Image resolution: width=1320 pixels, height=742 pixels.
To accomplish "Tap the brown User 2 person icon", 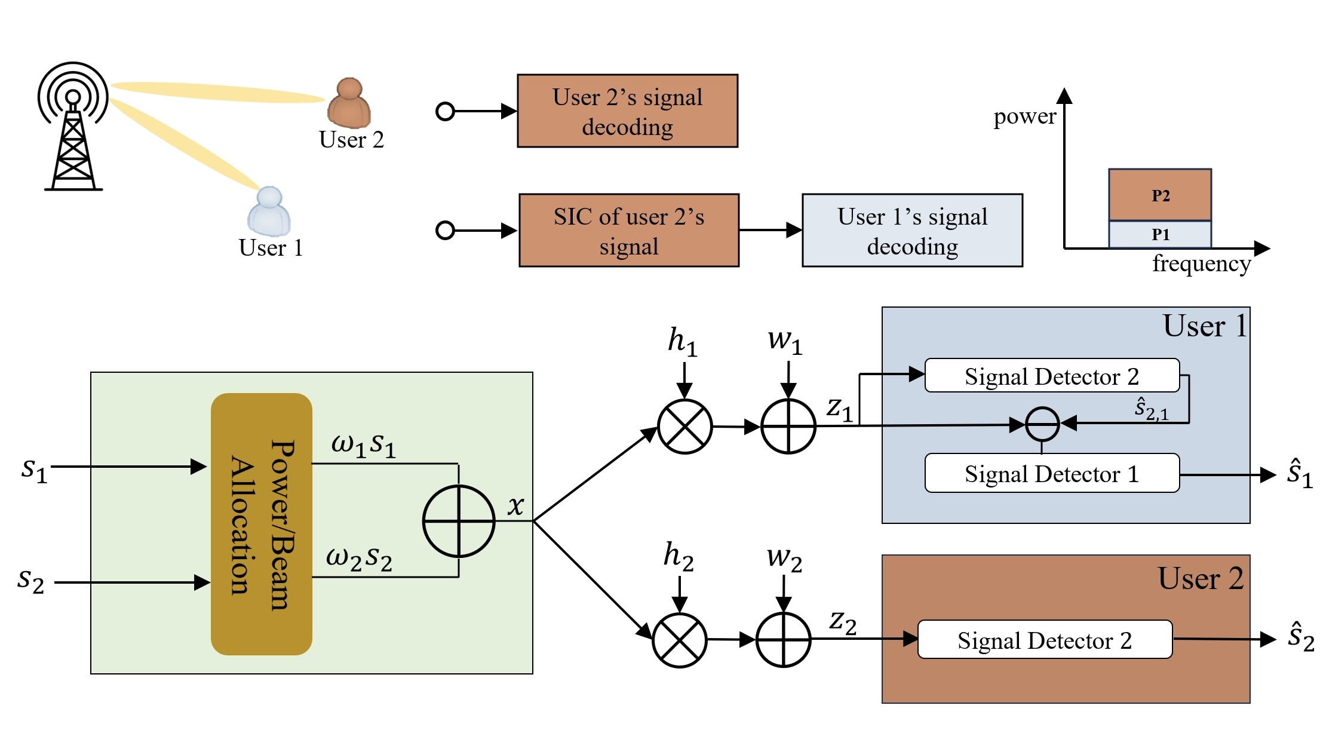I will [x=349, y=104].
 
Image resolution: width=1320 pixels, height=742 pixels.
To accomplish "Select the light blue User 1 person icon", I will [x=269, y=212].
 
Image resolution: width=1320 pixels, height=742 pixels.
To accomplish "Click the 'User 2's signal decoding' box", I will [x=627, y=111].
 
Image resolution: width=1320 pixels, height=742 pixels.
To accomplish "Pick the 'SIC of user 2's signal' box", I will [x=628, y=231].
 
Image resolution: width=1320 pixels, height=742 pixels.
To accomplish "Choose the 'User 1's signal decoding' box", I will [x=912, y=231].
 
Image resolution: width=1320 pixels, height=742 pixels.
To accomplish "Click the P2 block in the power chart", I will [x=1160, y=195].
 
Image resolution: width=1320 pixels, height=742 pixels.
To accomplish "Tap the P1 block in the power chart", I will [x=1160, y=234].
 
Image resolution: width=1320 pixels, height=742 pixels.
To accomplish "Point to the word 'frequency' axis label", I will [x=1201, y=263].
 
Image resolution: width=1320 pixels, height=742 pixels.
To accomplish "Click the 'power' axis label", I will [x=1024, y=116].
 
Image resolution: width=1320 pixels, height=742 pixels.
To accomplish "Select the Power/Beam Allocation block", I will [x=262, y=524].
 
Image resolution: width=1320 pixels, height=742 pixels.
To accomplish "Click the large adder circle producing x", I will [x=459, y=521].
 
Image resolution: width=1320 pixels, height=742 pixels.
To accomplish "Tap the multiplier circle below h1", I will [x=684, y=427].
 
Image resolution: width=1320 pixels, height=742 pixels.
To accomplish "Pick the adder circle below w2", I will [x=783, y=640].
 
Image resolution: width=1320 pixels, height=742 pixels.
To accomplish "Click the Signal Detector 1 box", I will [x=1051, y=474].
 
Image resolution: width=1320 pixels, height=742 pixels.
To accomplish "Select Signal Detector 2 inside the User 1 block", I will [x=1051, y=376].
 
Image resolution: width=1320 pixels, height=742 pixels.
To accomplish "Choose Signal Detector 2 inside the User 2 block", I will [x=1044, y=640].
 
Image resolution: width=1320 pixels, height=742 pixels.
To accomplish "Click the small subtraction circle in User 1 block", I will [x=1042, y=424].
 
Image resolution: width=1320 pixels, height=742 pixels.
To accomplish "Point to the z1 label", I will [x=839, y=409].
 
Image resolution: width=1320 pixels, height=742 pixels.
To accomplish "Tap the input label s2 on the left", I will [x=31, y=581].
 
